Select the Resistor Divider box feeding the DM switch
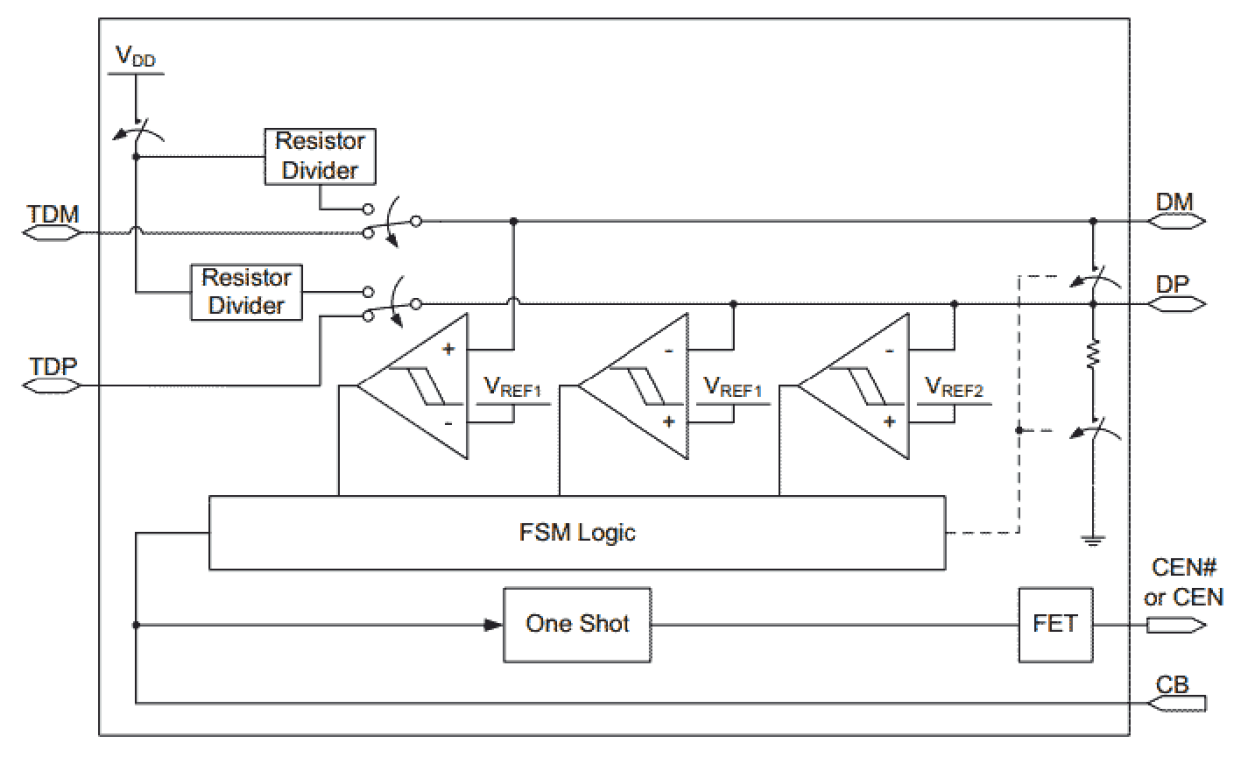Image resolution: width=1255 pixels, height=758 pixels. (320, 156)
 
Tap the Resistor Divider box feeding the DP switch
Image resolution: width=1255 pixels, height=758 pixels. (245, 291)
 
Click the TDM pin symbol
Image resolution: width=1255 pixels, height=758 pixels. (50, 233)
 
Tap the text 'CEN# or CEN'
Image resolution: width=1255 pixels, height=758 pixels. (1183, 584)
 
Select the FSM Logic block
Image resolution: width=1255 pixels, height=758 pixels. (577, 532)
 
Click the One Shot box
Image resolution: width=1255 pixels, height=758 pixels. (577, 625)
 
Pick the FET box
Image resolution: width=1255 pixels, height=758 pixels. (1055, 625)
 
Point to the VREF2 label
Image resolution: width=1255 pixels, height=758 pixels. (954, 386)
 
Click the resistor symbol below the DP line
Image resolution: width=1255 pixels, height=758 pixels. (1093, 354)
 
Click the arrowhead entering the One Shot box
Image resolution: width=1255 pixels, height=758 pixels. (493, 625)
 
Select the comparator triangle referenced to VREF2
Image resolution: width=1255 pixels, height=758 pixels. (854, 386)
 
